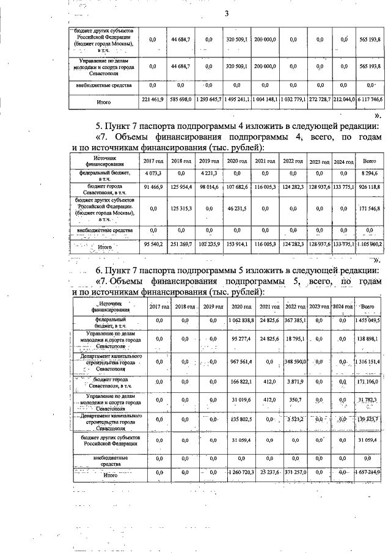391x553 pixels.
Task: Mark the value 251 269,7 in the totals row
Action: point(181,244)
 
